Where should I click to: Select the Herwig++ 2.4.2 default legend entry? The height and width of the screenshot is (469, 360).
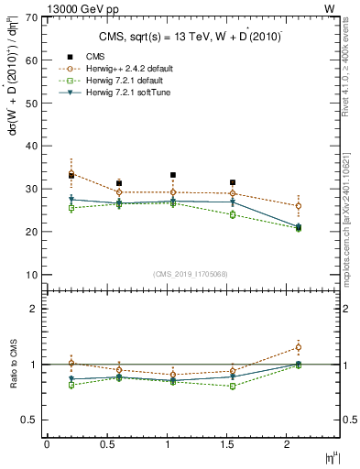(125, 69)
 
